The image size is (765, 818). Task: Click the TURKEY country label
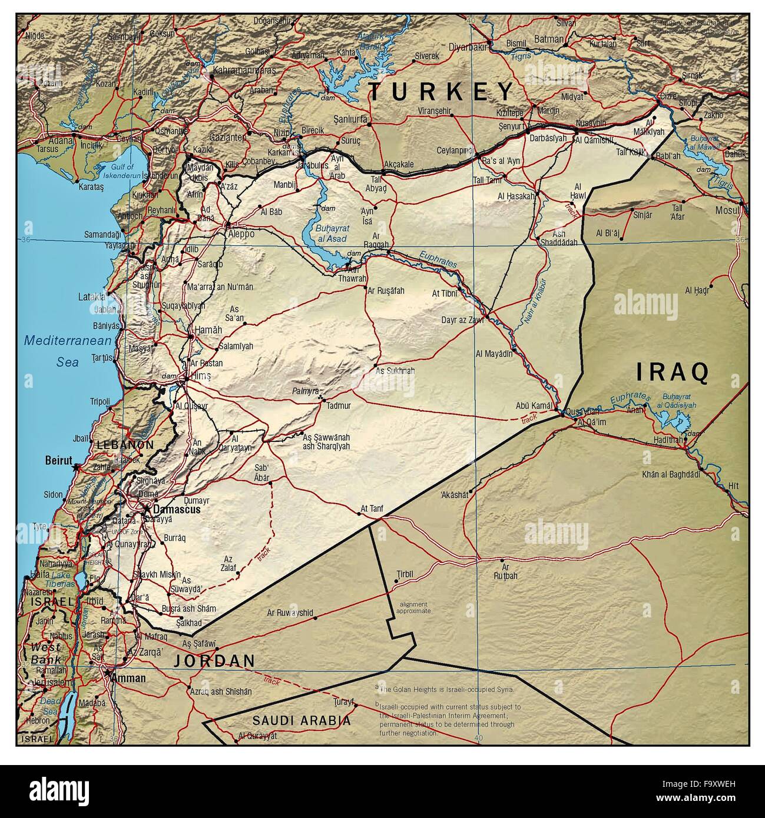click(x=441, y=91)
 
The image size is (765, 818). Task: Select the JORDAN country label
click(x=214, y=661)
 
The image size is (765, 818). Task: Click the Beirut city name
click(x=58, y=460)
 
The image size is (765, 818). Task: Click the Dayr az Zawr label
click(x=462, y=321)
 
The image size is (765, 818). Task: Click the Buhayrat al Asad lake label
click(x=331, y=233)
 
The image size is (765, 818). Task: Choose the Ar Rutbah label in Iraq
click(x=506, y=573)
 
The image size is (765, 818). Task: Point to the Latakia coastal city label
click(x=91, y=297)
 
